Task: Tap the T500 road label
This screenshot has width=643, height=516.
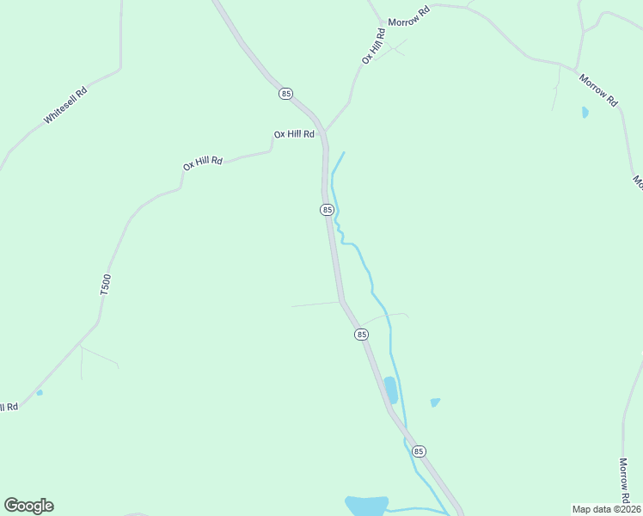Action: point(106,286)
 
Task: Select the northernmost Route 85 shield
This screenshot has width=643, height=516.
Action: point(286,93)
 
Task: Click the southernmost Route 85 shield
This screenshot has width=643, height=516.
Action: point(419,451)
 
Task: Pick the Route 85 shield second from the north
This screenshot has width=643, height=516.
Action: point(327,210)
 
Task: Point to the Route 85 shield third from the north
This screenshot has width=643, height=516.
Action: point(361,334)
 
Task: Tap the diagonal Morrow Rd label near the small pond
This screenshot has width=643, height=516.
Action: point(598,90)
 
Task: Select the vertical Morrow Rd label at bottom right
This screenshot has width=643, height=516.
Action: point(625,481)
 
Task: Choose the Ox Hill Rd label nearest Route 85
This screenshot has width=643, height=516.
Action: point(294,134)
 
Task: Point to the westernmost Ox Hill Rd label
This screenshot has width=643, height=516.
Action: point(203,162)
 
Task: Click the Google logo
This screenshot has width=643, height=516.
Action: point(28,505)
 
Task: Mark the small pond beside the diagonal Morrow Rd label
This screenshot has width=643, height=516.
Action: point(585,112)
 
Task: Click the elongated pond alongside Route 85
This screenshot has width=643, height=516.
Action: point(391,390)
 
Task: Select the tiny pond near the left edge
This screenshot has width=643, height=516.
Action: point(40,392)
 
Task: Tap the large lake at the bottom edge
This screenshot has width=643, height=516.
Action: point(367,506)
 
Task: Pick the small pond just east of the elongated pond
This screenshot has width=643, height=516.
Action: point(435,402)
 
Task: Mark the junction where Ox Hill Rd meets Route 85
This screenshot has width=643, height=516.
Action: point(324,132)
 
